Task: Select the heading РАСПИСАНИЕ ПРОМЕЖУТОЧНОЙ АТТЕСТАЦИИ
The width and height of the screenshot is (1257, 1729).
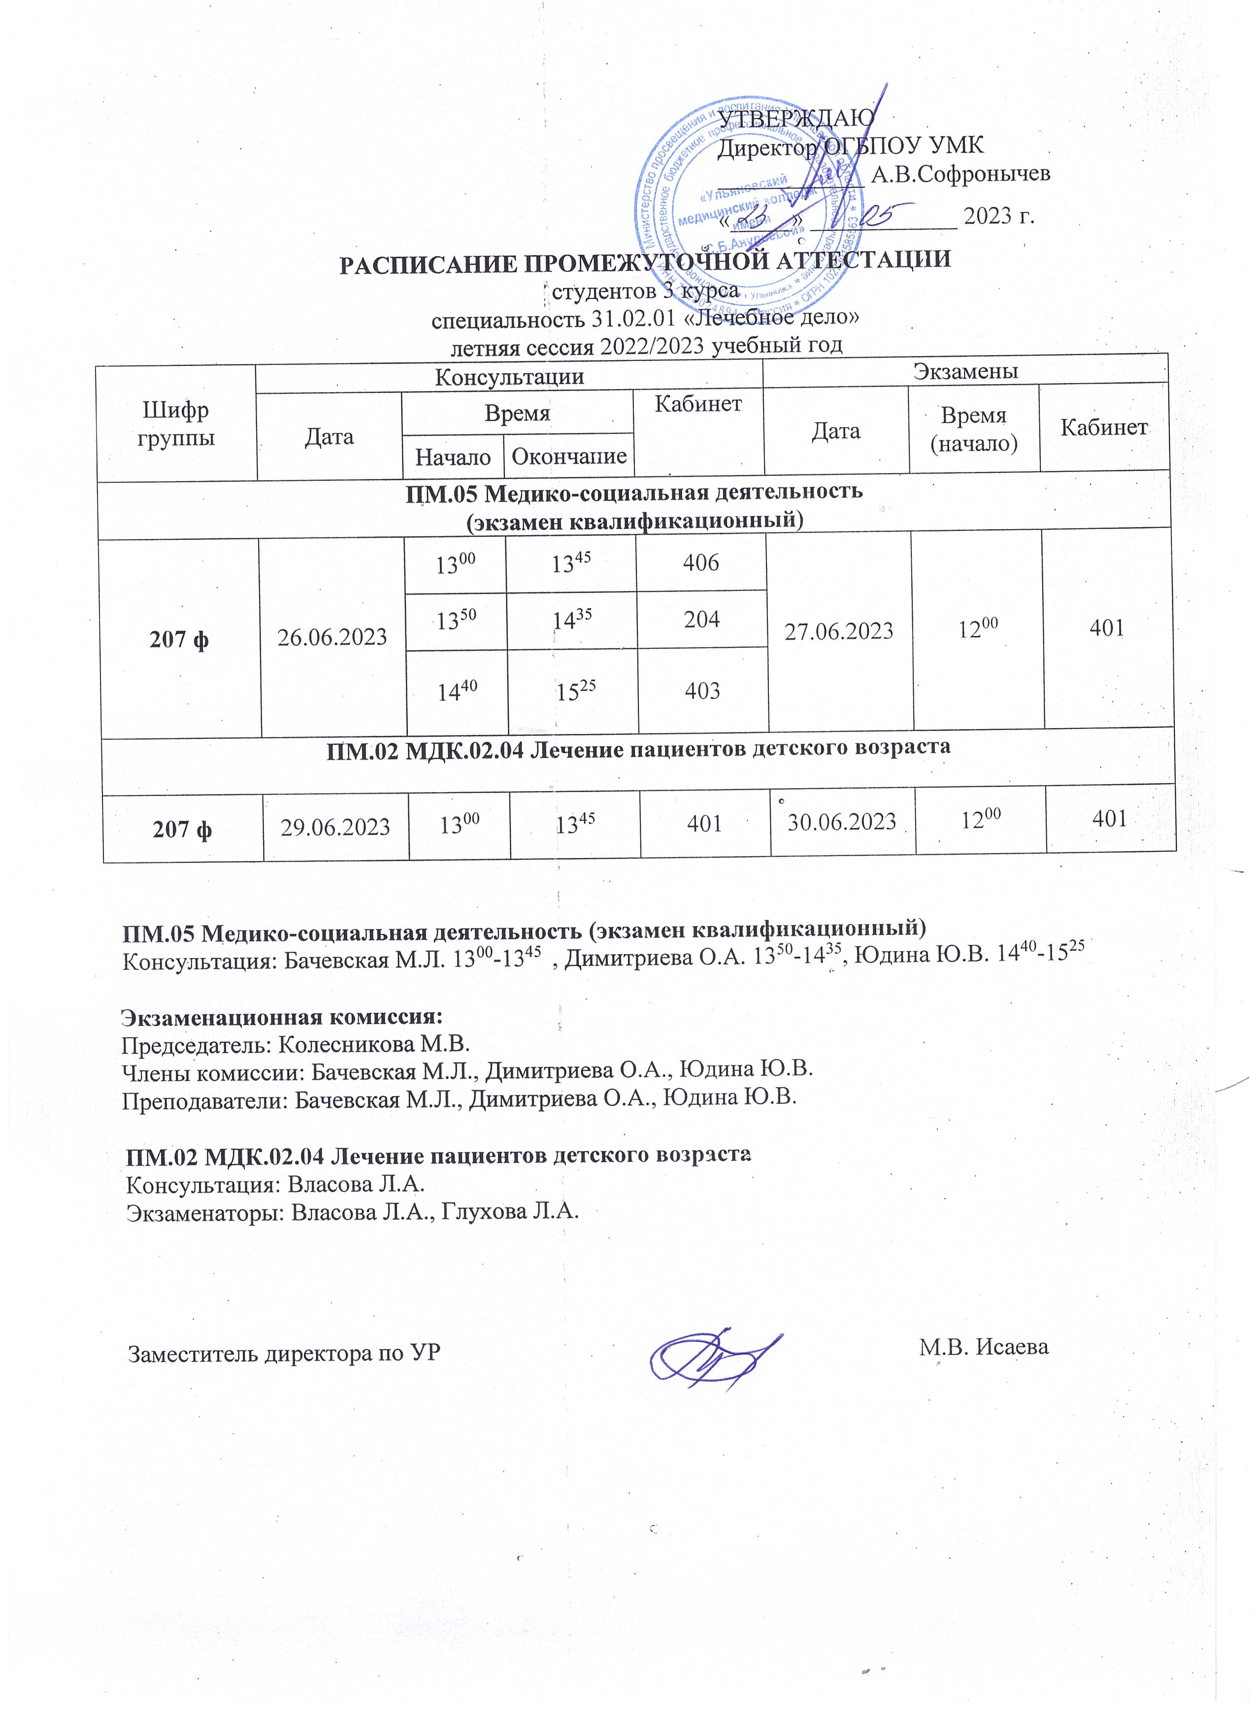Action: pos(644,261)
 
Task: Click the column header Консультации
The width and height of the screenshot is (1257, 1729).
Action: pos(509,377)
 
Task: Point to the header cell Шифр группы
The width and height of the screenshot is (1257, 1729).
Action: pos(175,424)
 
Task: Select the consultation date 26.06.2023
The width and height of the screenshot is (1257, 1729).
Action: pos(332,636)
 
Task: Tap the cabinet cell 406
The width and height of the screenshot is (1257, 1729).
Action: pos(700,563)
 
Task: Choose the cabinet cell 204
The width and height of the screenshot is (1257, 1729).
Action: pos(701,619)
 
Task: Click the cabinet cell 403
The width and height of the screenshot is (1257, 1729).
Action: pos(702,691)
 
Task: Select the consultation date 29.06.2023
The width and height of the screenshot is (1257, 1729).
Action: pos(335,827)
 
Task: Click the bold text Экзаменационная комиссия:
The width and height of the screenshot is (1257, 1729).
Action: pos(282,1017)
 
